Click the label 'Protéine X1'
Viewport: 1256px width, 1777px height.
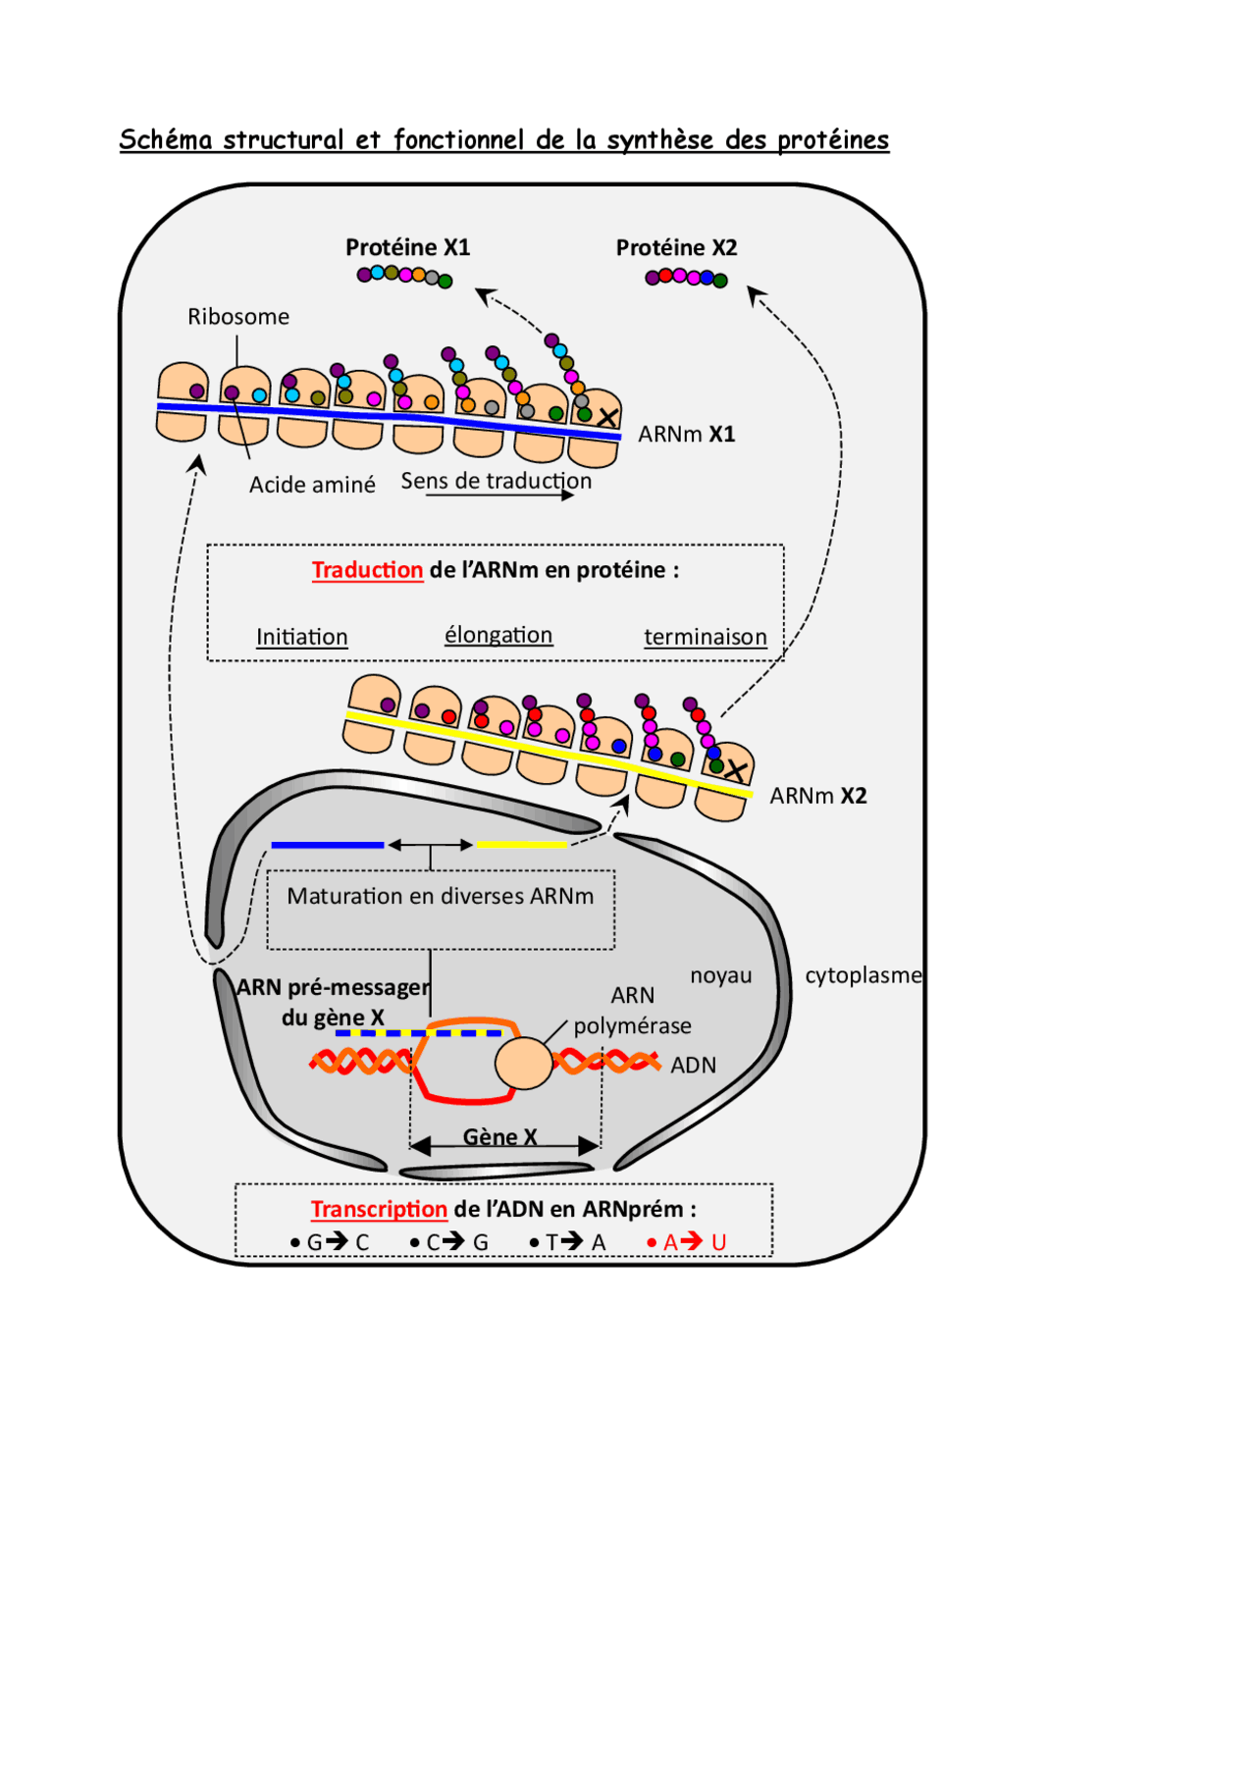coord(407,247)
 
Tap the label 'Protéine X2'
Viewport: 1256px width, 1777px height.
coord(676,247)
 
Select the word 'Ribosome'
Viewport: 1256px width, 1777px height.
coord(238,317)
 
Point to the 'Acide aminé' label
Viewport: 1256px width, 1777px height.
coord(312,485)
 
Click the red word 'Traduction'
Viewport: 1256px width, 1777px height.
coord(367,570)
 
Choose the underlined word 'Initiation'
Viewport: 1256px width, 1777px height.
coord(302,637)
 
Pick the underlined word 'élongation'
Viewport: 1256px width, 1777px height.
coord(498,635)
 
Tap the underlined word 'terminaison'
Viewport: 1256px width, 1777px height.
coord(705,637)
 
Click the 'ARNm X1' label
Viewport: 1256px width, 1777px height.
coord(686,434)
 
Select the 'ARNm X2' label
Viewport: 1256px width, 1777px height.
coord(817,796)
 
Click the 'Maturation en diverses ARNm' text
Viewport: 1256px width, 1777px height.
coord(441,896)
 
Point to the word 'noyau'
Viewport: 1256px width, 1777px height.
coord(720,975)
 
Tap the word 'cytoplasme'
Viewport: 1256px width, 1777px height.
coord(863,975)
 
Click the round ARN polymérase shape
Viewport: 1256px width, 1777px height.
coord(524,1064)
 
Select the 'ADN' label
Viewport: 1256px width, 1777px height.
coord(693,1066)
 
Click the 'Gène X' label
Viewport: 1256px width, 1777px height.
coord(499,1136)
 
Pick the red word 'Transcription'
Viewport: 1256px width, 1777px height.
coord(379,1209)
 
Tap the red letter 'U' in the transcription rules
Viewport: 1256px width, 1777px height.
coord(719,1242)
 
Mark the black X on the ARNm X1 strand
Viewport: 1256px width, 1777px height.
coord(607,418)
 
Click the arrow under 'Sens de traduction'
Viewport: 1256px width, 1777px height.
coord(500,496)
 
